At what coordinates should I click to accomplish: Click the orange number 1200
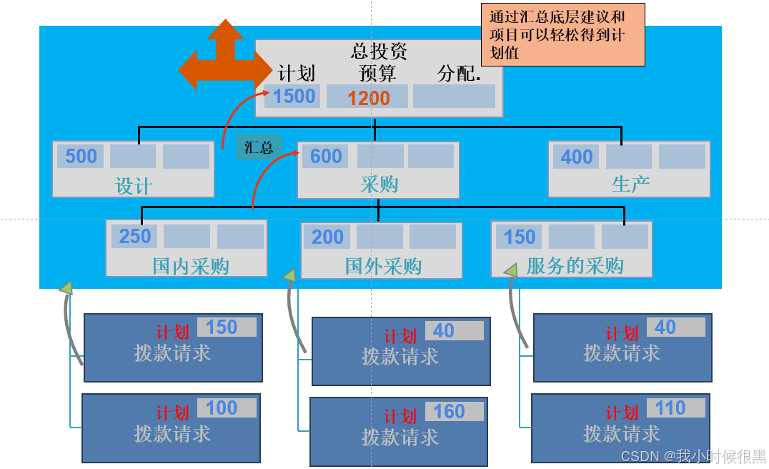click(x=368, y=98)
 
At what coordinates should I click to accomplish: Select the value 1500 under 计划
click(x=294, y=96)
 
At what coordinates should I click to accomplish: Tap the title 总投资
click(x=379, y=51)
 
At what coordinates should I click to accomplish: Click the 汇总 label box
click(x=259, y=147)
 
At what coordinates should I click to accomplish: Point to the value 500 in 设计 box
click(x=81, y=157)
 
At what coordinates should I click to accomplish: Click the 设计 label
click(x=134, y=187)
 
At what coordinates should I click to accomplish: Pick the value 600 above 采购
click(x=326, y=157)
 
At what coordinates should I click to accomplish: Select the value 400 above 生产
click(x=577, y=157)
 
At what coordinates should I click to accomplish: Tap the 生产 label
click(x=630, y=184)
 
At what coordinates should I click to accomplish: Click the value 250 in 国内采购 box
click(x=135, y=237)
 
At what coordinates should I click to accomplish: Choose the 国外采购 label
click(x=383, y=267)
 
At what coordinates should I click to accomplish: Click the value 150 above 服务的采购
click(x=520, y=237)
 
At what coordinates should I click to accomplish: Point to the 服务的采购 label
click(x=575, y=266)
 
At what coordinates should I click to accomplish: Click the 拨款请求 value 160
click(x=449, y=412)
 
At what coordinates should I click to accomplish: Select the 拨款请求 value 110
click(x=670, y=408)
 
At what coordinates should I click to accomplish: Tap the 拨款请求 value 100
click(x=222, y=408)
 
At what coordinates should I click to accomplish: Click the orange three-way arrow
click(x=223, y=59)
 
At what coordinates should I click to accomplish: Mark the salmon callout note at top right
click(x=563, y=34)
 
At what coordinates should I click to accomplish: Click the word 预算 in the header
click(x=377, y=74)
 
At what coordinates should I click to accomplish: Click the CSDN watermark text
click(x=692, y=455)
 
